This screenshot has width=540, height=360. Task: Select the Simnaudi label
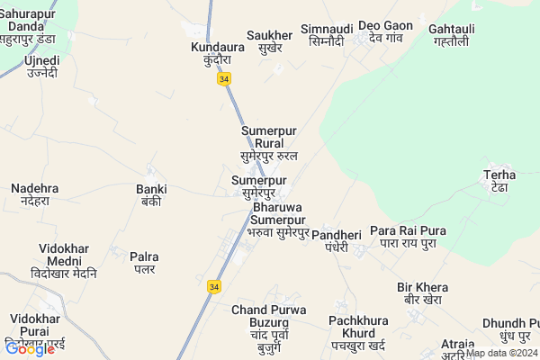click(327, 35)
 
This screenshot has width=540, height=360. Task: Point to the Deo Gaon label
click(385, 31)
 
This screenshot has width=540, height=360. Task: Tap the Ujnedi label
click(42, 66)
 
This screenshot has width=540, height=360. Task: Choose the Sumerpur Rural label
click(269, 143)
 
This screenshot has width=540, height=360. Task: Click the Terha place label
click(499, 181)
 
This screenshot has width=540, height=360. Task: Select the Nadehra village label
click(35, 194)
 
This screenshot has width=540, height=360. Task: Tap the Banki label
click(151, 195)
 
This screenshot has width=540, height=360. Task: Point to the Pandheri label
click(337, 240)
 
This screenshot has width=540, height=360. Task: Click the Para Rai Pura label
click(408, 237)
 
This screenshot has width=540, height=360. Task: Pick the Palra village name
click(144, 263)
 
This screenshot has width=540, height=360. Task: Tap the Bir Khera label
click(422, 293)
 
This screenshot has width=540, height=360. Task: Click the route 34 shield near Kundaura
click(223, 79)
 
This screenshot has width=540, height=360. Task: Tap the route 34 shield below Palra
click(213, 286)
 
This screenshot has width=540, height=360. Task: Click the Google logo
click(30, 348)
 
